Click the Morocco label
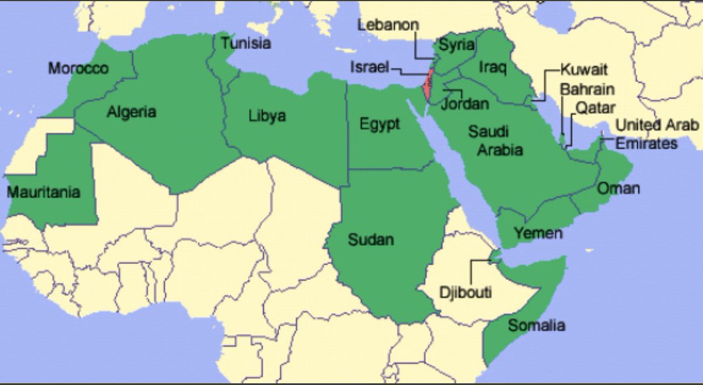pos(78,68)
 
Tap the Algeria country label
pos(131,111)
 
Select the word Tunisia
pos(246,43)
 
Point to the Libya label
pos(267,115)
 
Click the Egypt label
pos(380,124)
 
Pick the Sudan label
pos(371,239)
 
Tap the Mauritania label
pos(43,191)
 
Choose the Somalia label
pos(537,325)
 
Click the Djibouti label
pos(466,292)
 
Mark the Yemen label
pos(538,233)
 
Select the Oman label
pos(618,188)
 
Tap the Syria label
pos(456,45)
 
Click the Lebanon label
pos(388,25)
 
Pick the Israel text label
pos(370,67)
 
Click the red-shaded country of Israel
pos(428,85)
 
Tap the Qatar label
pos(595,108)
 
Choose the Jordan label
pos(465,104)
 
